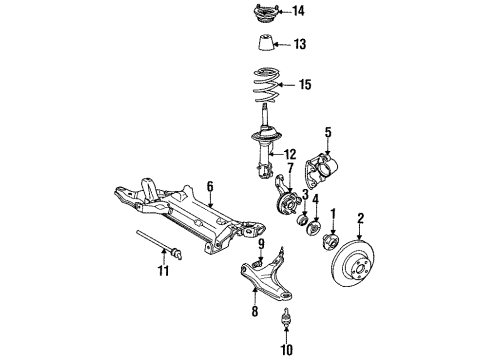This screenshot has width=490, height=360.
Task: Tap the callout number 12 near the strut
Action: point(291,153)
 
